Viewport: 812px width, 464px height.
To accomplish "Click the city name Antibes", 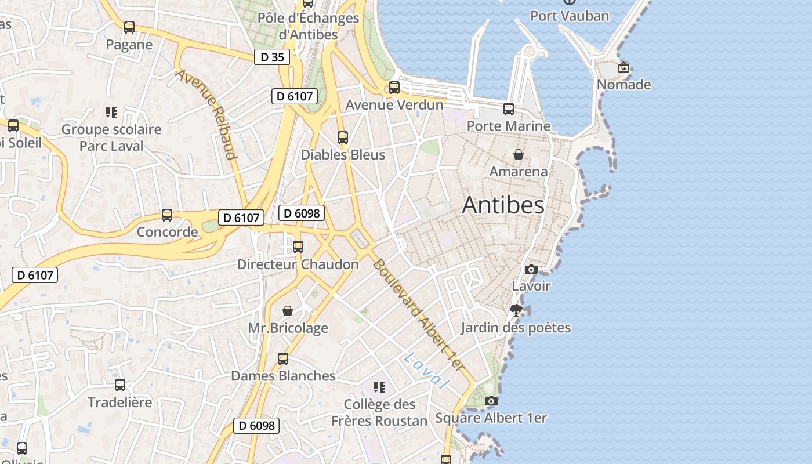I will click(503, 205).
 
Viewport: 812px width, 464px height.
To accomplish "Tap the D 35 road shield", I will click(271, 57).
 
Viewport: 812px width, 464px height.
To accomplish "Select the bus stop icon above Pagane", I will click(129, 27).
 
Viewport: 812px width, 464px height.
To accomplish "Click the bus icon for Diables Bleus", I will click(342, 137).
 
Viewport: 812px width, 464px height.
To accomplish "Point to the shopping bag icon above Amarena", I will click(518, 154).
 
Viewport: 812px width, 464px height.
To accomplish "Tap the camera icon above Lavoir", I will click(531, 269).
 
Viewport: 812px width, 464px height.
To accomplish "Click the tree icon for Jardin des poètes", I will click(516, 310).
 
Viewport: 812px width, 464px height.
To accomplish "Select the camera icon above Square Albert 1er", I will click(491, 401).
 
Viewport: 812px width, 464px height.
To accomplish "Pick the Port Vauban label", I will click(570, 16).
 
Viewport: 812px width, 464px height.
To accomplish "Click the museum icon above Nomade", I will click(623, 68).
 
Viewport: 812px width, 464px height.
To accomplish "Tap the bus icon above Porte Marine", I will click(509, 108).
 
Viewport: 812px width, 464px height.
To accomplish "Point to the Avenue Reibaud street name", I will click(208, 114).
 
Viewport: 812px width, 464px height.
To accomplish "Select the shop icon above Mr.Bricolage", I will click(287, 311).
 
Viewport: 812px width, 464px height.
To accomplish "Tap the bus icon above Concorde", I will click(167, 215).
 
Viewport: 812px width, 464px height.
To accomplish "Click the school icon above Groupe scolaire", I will click(111, 112).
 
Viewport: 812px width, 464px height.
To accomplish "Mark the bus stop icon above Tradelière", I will click(120, 385).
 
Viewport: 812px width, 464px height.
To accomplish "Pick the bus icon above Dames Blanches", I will click(283, 358).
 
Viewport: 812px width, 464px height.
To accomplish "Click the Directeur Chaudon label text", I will click(298, 264).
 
